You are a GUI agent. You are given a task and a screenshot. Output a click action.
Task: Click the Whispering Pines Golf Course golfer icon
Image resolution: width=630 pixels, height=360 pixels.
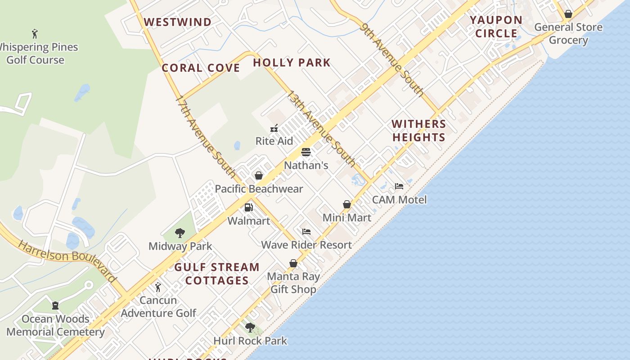click(x=35, y=33)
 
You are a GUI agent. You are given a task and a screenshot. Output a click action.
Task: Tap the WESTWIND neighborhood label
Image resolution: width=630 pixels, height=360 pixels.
click(x=177, y=22)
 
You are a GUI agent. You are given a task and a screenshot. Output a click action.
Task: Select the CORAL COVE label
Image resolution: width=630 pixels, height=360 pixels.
click(x=201, y=68)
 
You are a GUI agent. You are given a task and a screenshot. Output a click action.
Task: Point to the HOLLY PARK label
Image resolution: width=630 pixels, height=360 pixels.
click(x=292, y=63)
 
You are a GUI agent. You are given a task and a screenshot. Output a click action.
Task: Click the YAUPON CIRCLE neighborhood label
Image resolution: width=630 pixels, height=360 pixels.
click(x=496, y=27)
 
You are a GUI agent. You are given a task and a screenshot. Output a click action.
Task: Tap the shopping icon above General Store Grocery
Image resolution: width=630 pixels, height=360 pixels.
click(x=568, y=14)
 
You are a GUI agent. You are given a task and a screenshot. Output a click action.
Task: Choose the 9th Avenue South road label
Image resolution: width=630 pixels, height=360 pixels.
click(x=392, y=60)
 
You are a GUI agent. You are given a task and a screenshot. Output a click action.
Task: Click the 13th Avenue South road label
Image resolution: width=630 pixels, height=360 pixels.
click(x=321, y=129)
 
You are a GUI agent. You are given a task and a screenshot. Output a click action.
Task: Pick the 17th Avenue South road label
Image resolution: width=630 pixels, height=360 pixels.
click(x=205, y=136)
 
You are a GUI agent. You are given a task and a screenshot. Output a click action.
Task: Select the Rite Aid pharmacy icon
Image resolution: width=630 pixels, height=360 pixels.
click(x=274, y=128)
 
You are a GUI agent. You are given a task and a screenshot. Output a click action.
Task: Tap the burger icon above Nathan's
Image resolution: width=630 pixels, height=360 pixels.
click(x=306, y=152)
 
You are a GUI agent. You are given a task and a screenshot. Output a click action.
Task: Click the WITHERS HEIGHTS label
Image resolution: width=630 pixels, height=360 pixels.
click(x=418, y=130)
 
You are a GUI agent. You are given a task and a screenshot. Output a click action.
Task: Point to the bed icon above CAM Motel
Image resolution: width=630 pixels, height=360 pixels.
click(x=399, y=186)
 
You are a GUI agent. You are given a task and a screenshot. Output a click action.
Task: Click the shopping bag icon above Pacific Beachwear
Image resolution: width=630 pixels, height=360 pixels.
click(x=259, y=175)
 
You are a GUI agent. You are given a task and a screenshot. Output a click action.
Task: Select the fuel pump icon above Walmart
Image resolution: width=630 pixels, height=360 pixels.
click(x=248, y=207)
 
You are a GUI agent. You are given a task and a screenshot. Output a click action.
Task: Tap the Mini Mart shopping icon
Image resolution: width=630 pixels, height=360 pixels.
click(x=347, y=205)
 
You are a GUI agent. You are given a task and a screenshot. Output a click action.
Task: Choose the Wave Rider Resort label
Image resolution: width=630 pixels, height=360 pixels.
click(x=306, y=245)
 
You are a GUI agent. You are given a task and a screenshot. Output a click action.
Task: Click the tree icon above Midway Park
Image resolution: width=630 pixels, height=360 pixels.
click(x=180, y=233)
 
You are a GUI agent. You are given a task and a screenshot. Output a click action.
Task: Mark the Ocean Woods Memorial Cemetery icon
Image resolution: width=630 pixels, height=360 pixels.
click(x=55, y=306)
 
